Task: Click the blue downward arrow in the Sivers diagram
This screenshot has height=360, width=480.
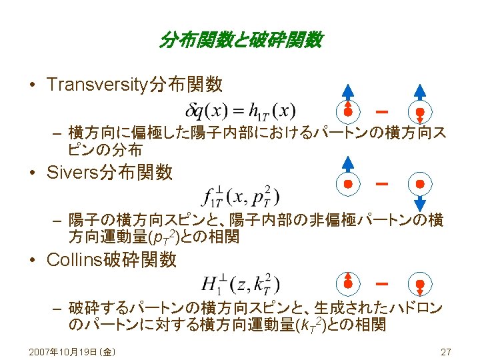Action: (420, 201)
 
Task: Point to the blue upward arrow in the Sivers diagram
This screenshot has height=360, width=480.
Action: (348, 163)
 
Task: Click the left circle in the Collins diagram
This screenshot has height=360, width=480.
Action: (348, 283)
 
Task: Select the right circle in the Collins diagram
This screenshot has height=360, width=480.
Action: (420, 284)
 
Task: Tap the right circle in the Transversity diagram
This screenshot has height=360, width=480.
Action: (420, 111)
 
